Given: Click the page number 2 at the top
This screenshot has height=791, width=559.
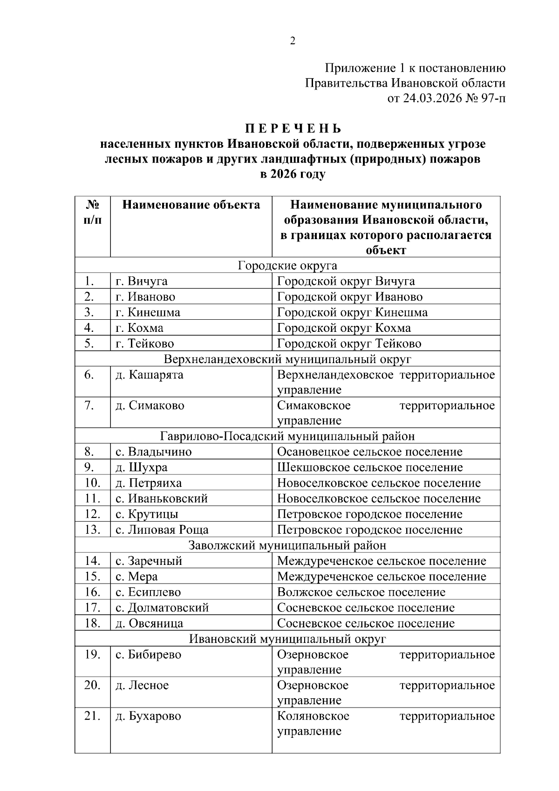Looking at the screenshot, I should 293,41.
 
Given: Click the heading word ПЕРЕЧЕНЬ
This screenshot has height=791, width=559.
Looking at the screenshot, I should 293,129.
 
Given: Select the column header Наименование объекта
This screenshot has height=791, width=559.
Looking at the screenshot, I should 191,205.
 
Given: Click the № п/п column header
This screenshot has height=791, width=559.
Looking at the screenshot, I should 93,212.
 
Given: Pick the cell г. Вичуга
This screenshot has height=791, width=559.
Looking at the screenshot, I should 142,282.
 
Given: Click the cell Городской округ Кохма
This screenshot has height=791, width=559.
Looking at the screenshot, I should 344,328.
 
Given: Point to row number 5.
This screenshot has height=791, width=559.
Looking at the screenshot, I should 89,344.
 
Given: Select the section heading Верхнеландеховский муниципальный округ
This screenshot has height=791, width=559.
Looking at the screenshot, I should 287,359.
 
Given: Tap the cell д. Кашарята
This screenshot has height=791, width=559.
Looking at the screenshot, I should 150,375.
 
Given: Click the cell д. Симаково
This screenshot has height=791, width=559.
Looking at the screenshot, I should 150,406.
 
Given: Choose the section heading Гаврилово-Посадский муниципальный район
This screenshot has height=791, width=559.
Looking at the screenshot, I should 287,436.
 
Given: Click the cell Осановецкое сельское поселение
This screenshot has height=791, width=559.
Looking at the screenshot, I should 369,452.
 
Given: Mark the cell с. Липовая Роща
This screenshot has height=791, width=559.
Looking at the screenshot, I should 162,530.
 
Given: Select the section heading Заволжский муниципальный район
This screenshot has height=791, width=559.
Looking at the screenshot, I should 287,545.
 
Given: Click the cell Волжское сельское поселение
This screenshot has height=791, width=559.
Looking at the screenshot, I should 361,592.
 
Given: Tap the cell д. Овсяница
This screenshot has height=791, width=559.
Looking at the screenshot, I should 150,624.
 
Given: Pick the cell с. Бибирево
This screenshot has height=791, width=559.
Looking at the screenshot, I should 148,655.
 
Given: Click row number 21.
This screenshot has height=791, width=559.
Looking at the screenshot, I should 92,716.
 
